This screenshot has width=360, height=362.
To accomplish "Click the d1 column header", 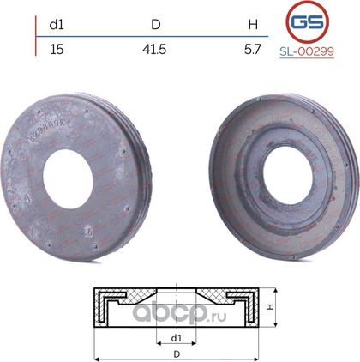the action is [57, 25].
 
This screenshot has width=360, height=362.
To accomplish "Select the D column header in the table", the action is [156, 25].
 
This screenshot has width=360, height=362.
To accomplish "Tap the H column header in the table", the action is [253, 25].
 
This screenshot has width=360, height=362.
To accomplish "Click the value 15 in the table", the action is [57, 50].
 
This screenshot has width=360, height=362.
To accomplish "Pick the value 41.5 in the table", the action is [154, 50].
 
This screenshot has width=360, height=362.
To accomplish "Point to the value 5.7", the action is [253, 50].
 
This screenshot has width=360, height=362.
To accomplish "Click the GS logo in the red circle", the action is [308, 22].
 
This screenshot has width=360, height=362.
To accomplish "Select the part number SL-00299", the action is [307, 51].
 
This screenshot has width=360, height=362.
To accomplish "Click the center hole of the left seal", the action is [68, 178].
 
